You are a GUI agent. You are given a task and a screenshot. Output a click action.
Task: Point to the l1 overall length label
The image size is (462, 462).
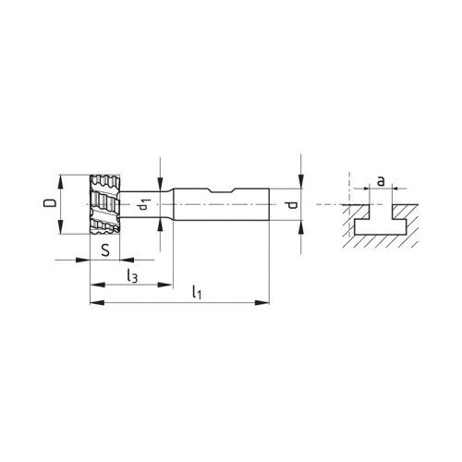pyautogui.click(x=197, y=292)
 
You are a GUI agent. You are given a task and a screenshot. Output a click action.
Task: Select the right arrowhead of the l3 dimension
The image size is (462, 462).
pyautogui.click(x=167, y=282)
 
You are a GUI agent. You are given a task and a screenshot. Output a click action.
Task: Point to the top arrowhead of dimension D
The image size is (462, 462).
pyautogui.click(x=62, y=176)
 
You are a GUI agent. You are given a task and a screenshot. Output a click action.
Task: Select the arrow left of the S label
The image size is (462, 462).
pyautogui.click(x=84, y=260)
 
